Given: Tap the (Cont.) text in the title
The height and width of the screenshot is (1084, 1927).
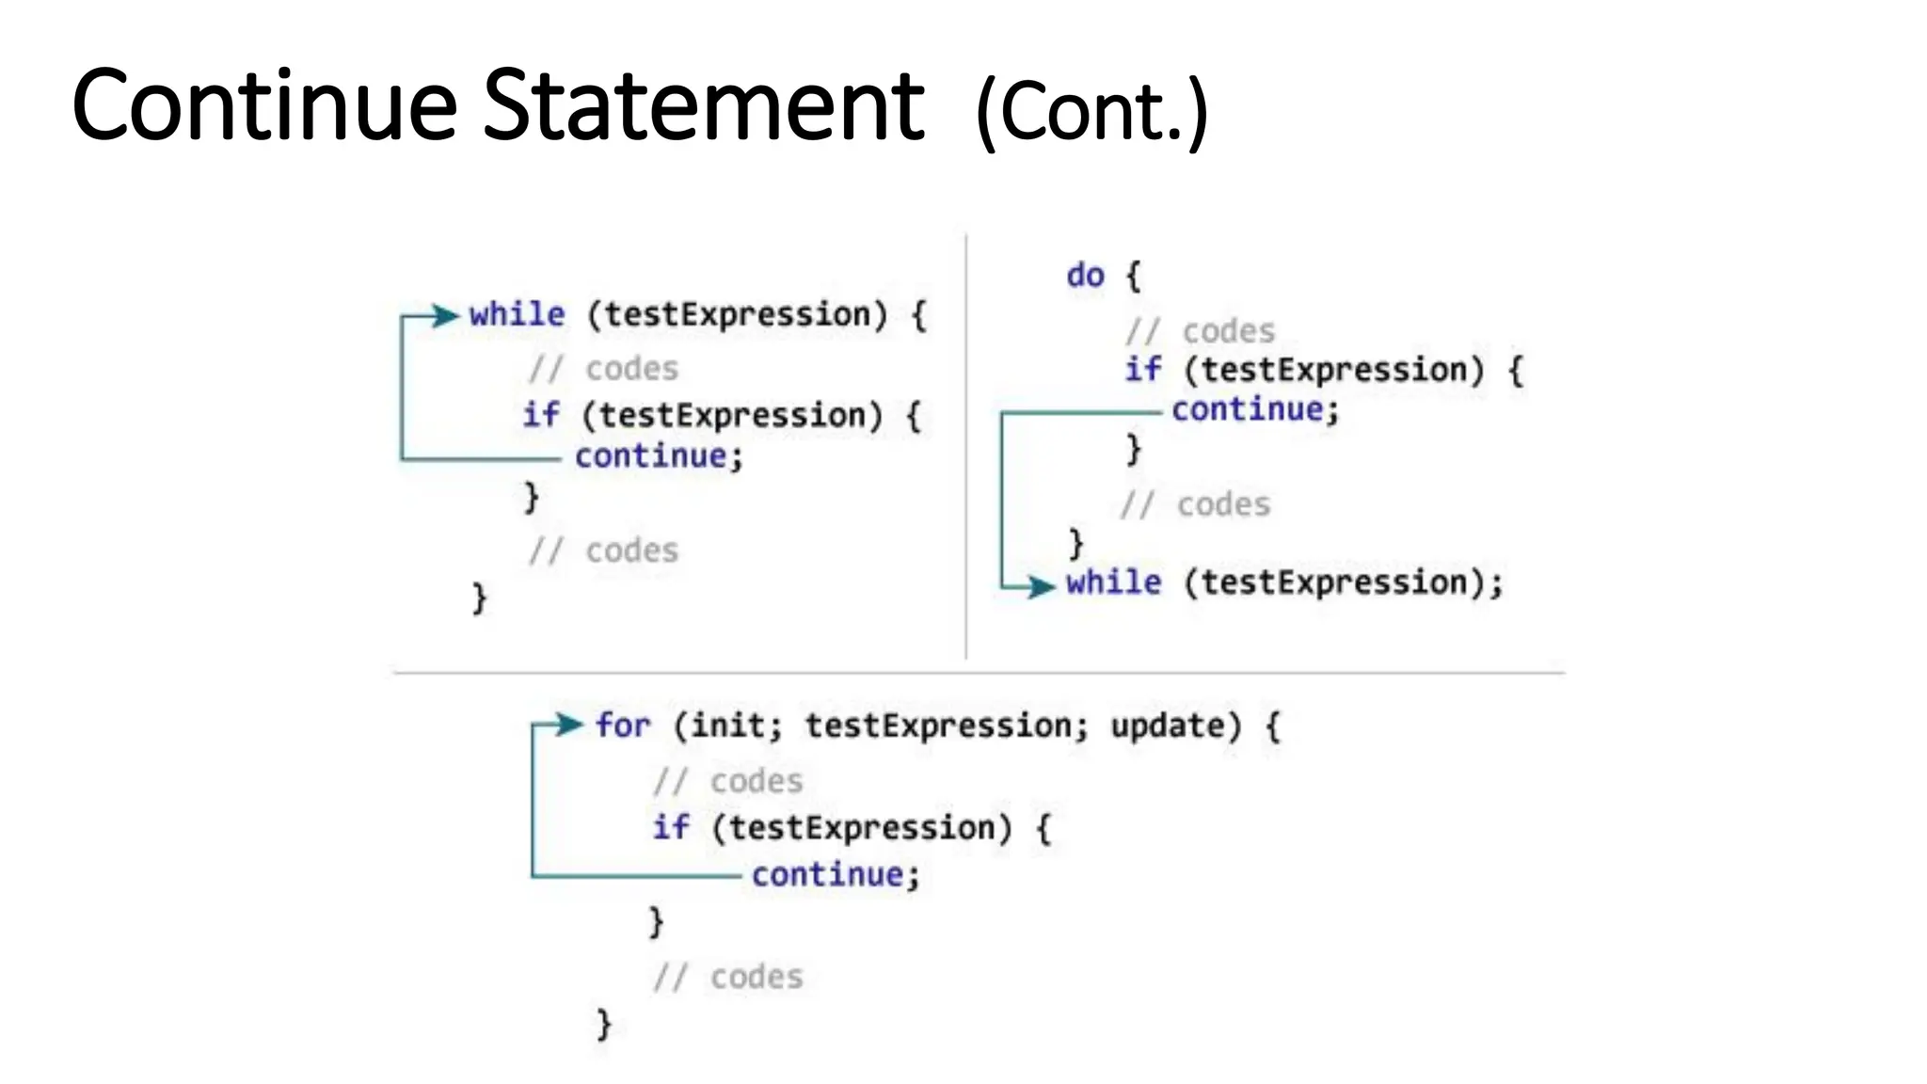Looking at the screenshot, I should point(1091,113).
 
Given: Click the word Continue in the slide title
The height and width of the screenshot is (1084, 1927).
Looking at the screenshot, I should point(263,105).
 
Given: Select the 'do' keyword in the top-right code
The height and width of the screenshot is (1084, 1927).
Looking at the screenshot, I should point(1085,276).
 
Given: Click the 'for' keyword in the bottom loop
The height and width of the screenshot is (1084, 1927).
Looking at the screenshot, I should point(622,725).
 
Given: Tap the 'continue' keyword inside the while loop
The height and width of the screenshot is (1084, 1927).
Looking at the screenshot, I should point(651,456).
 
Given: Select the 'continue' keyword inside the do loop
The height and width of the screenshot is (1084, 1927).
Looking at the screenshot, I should point(1248,409).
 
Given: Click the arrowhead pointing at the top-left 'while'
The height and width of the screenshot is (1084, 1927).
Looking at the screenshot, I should point(444,315).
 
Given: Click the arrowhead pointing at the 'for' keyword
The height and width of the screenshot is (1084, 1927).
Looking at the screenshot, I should point(569,724).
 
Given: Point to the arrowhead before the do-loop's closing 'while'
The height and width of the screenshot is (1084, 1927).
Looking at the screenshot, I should point(1041,587).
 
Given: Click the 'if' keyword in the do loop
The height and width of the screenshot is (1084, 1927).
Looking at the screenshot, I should point(1143,369).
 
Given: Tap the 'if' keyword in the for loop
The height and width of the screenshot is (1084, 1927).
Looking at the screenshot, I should point(671,827).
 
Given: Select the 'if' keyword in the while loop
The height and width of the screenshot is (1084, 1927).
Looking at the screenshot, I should point(541,414).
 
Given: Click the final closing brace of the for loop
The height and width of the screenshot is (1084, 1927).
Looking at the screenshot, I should point(604,1023).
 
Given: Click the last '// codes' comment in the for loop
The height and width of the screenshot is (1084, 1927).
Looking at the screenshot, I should point(728,977).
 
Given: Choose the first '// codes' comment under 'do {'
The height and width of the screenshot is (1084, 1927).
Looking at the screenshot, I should point(1200,331).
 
